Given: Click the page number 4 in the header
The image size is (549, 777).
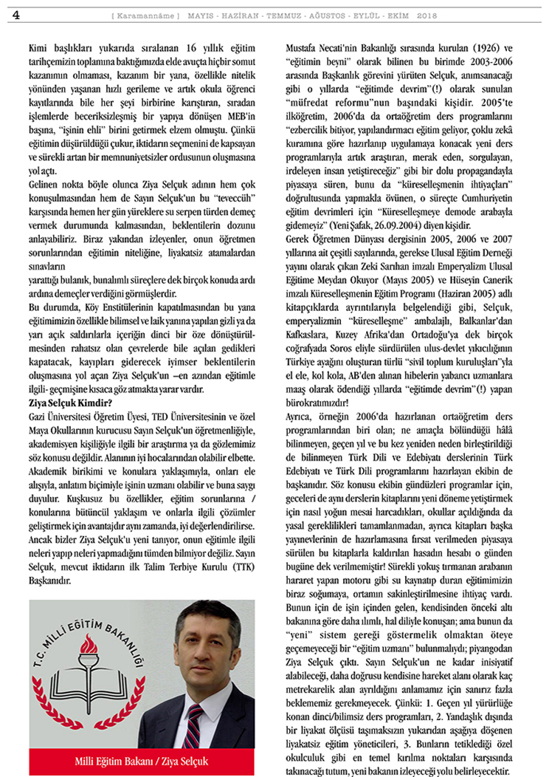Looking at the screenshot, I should pyautogui.click(x=16, y=15).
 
